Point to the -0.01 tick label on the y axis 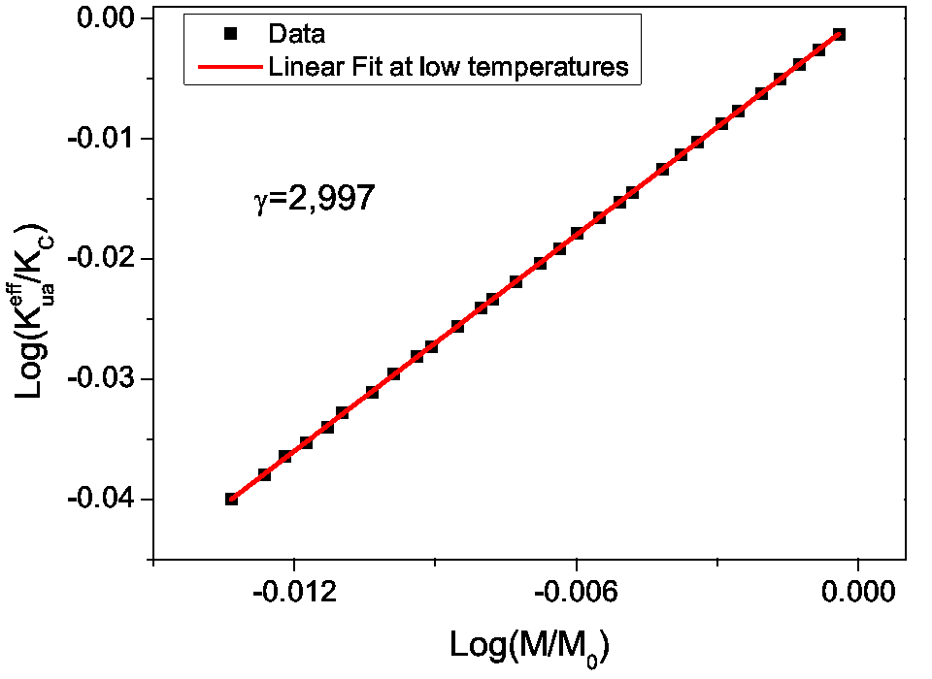pos(106,139)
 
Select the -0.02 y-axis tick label pos(106,259)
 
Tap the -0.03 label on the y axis pos(106,379)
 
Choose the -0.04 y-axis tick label pos(106,500)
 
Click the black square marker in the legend pos(230,35)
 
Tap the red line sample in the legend pos(230,67)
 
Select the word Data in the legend pos(296,35)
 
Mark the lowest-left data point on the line pos(231,499)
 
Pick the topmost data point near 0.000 pos(839,34)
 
